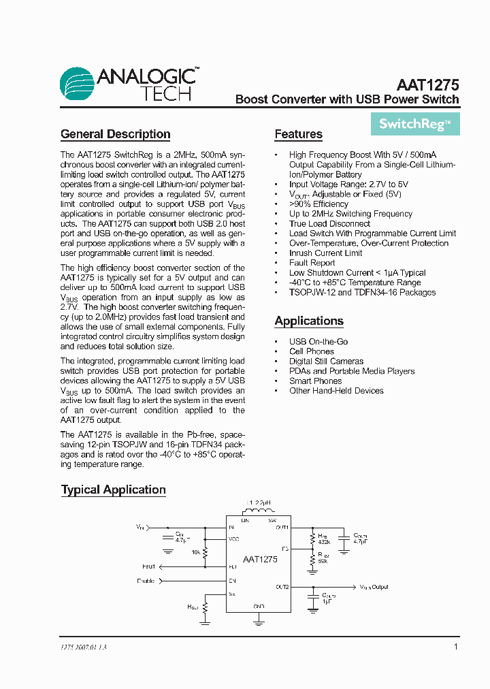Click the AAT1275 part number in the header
tap(427, 85)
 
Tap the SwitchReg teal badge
tap(415, 124)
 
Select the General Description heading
tap(116, 134)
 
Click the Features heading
tap(298, 134)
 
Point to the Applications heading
tap(309, 321)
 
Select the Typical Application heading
tap(114, 490)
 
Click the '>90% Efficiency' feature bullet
tap(318, 204)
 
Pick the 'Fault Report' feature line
tap(312, 263)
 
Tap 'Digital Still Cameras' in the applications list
tap(326, 362)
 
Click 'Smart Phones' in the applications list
tap(315, 381)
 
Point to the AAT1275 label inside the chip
tap(259, 558)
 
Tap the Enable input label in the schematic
tap(146, 581)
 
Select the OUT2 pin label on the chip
tap(282, 586)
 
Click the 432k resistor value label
tap(323, 541)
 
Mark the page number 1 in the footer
tap(455, 647)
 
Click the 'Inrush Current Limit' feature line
tap(325, 253)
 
